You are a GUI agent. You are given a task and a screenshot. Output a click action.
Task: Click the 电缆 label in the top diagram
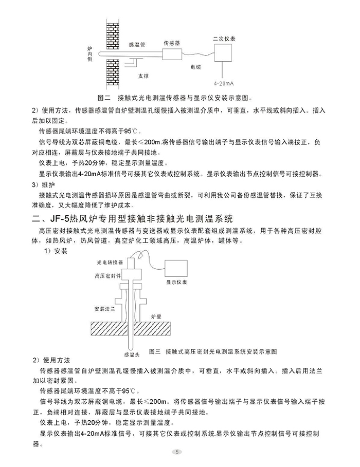(x=195, y=67)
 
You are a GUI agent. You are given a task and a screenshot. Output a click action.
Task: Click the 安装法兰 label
(x=103, y=309)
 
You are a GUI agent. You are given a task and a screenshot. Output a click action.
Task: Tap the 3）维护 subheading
(x=43, y=184)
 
